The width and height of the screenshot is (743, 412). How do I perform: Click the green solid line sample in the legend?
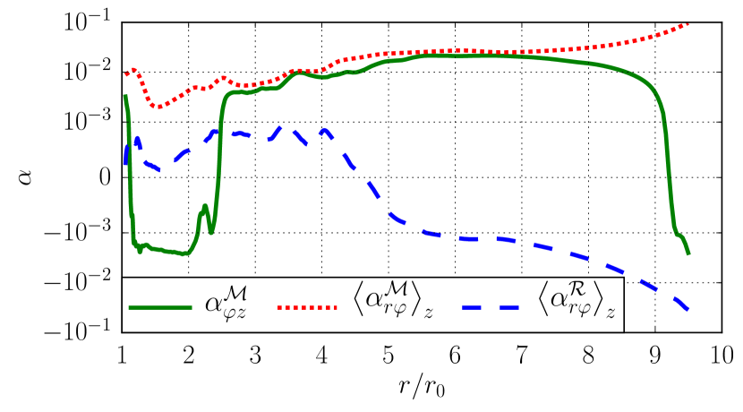(x=160, y=307)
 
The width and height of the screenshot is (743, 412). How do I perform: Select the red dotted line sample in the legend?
(x=307, y=307)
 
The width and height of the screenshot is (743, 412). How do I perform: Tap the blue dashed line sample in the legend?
(x=491, y=307)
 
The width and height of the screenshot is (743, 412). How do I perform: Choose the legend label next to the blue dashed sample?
(x=577, y=302)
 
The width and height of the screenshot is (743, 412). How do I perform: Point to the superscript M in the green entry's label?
(x=236, y=291)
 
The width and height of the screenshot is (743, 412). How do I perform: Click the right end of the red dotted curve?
(x=687, y=24)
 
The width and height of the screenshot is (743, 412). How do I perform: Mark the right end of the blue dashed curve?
(x=687, y=308)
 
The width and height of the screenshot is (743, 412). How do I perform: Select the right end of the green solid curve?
(x=688, y=253)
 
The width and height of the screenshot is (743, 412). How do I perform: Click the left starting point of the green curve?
(x=124, y=96)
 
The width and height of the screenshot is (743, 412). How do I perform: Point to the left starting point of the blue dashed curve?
(x=124, y=163)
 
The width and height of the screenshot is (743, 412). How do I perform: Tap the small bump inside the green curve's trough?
(x=205, y=208)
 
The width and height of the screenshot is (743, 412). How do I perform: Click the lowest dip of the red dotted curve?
(x=157, y=107)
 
